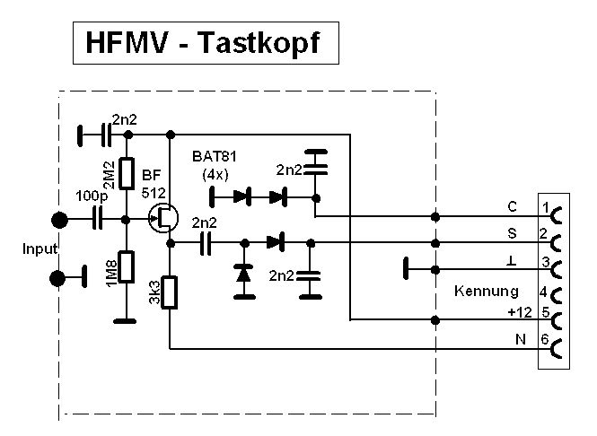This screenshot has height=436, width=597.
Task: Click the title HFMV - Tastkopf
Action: point(206,43)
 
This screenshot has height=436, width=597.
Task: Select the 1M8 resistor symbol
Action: point(127,266)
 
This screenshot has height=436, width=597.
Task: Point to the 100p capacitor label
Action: point(91,196)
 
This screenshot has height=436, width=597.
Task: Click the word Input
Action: point(39,249)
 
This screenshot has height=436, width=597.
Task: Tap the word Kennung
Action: point(487,292)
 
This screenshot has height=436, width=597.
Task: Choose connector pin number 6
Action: point(546,340)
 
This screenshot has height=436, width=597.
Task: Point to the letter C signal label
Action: point(512,207)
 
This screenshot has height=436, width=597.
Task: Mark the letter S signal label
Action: point(512,232)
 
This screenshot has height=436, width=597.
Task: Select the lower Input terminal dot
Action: point(59,278)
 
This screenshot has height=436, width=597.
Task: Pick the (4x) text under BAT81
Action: point(215,172)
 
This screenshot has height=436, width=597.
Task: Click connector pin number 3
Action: point(546,261)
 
